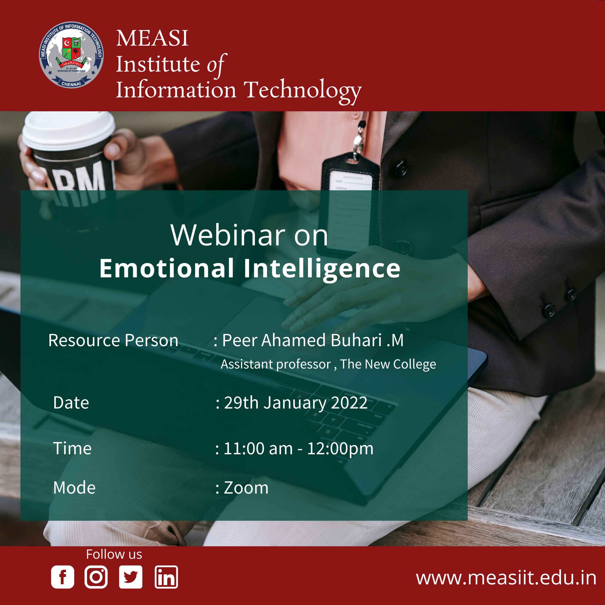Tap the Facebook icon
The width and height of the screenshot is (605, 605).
pos(63,577)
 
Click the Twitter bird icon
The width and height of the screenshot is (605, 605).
pos(131,577)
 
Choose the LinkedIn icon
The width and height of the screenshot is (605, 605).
pos(166,577)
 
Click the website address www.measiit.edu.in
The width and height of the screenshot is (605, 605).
pos(506,578)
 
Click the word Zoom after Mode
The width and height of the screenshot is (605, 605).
pos(246,488)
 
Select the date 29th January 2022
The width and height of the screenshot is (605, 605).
pos(296,403)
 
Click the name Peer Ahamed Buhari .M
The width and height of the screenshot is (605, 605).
pos(312,340)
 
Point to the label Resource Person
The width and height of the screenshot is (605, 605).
pos(113,340)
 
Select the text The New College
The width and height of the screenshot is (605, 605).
pos(388,364)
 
